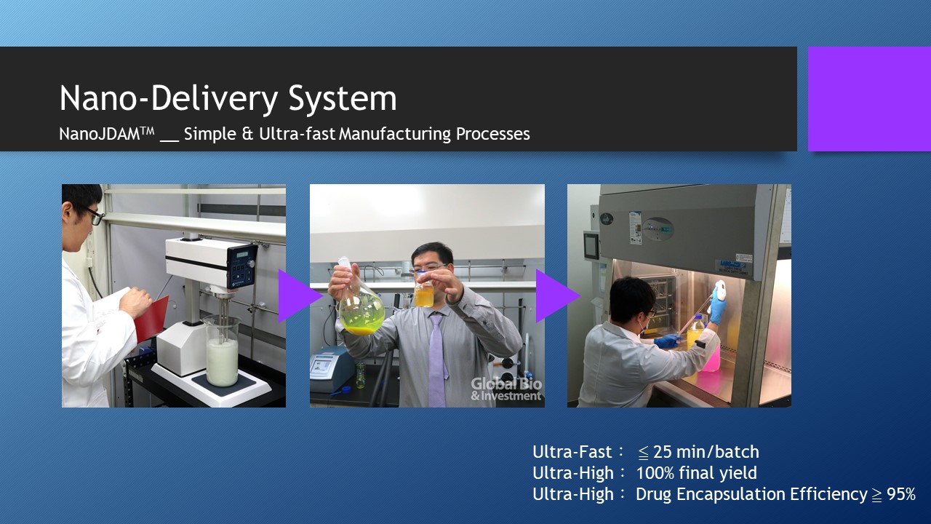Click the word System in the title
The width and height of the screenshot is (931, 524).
(x=343, y=98)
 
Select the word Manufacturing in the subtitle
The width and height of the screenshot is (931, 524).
(x=395, y=134)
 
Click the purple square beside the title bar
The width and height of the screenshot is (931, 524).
(x=869, y=99)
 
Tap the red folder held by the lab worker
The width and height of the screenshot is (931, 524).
(x=152, y=317)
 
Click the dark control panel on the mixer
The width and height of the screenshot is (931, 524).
(x=241, y=266)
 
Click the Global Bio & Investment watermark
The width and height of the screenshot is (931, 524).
(x=506, y=389)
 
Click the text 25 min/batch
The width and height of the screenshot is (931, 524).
(x=706, y=452)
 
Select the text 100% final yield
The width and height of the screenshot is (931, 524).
(x=697, y=473)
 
